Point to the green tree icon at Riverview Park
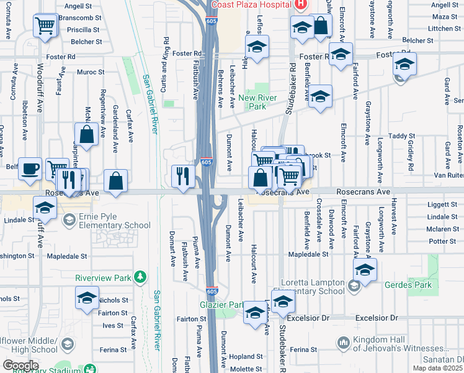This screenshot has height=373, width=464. click(x=141, y=276)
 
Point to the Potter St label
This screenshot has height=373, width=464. click(x=442, y=241)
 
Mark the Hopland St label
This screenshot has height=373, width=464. click(x=246, y=357)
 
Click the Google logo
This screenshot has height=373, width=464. click(x=20, y=366)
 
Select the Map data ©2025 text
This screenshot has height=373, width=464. click(x=437, y=368)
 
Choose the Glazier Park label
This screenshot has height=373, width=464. click(x=221, y=305)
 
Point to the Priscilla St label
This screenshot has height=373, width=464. click(x=83, y=29)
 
